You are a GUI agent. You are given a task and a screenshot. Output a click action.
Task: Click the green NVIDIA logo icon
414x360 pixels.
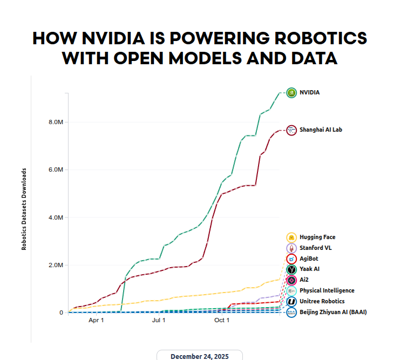click(291, 92)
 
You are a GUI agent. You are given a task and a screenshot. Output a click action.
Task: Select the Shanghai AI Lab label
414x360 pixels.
click(321, 130)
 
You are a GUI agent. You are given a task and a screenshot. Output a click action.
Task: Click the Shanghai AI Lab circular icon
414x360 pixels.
click(291, 130)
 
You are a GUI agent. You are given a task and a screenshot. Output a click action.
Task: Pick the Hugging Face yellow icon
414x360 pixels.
click(291, 237)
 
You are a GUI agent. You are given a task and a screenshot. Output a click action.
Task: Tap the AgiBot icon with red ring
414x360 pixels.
click(291, 259)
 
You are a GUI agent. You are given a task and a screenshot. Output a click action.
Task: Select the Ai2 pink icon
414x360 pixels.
click(291, 280)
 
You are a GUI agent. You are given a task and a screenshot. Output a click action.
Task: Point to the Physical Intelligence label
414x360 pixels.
click(327, 290)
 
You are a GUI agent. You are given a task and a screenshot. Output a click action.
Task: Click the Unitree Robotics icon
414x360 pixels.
click(291, 301)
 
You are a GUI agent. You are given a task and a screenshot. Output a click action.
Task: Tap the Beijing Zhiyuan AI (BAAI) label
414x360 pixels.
click(333, 312)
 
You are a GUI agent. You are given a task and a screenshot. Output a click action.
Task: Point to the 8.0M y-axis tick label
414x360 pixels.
click(56, 123)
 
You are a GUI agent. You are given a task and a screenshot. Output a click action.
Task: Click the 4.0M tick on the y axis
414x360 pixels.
click(56, 218)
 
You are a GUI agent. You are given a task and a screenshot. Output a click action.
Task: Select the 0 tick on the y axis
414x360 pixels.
click(62, 313)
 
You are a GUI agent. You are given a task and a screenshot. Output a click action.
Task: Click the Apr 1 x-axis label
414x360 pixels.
click(96, 321)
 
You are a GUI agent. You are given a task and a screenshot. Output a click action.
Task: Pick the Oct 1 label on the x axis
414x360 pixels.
click(222, 321)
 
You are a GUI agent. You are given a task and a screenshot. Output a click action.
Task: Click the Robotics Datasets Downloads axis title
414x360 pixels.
click(24, 208)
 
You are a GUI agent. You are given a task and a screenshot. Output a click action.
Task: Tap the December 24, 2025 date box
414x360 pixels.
click(200, 356)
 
